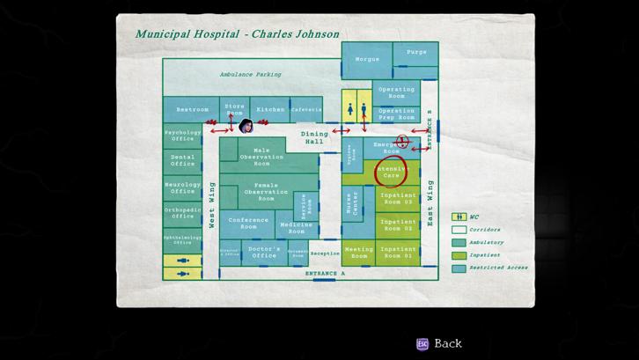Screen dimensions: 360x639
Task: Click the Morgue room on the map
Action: point(367,60)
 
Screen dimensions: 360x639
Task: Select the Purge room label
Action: point(416,53)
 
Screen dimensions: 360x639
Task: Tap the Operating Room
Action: point(396,92)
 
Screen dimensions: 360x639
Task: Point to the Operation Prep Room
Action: point(396,114)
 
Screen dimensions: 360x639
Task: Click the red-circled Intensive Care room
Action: point(391,173)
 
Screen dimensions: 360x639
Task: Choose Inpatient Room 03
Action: point(398,199)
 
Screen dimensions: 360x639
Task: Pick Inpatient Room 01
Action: point(398,253)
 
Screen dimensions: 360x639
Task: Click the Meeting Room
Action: point(358,253)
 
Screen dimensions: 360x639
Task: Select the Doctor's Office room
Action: point(264,253)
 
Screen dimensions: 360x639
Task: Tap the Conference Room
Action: point(248,224)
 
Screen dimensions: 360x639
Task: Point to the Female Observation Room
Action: point(266,192)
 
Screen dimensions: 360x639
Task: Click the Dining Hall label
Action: point(314,137)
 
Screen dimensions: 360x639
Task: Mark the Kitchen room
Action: point(270,110)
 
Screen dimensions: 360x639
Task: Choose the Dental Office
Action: point(183,160)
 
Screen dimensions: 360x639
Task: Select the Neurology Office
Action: point(183,187)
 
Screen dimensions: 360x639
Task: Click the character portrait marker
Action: point(246,126)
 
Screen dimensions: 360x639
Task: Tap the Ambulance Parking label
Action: point(250,75)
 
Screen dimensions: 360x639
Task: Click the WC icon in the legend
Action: point(459,217)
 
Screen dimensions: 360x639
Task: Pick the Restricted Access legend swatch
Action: point(459,268)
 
